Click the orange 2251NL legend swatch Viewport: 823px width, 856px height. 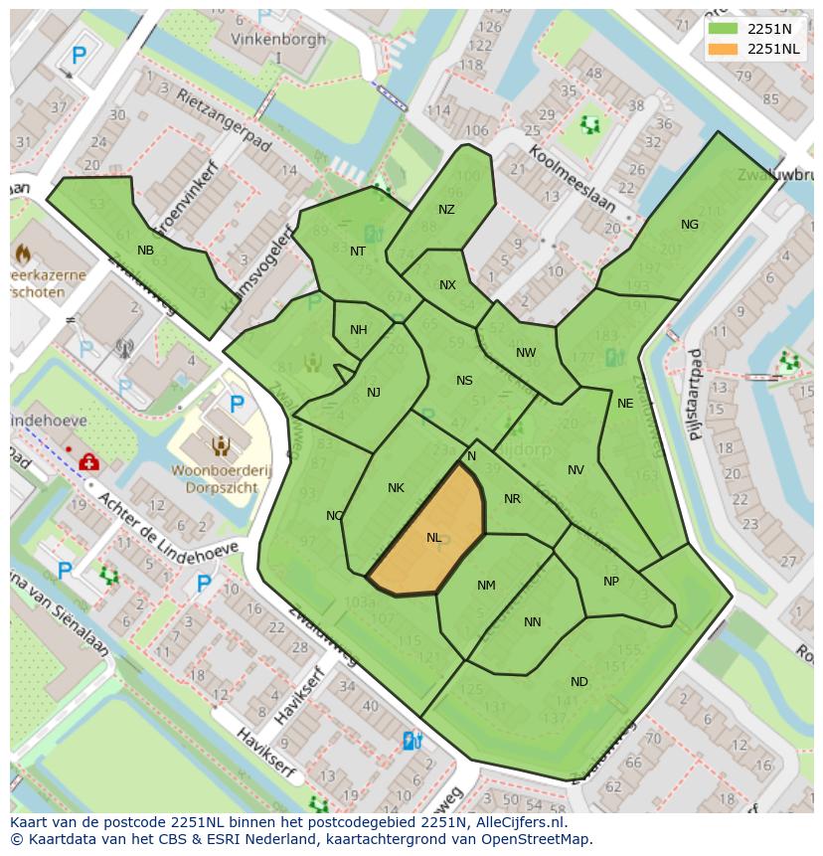[x=723, y=49]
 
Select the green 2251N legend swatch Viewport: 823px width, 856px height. [x=723, y=29]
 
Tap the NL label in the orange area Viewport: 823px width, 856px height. [x=434, y=538]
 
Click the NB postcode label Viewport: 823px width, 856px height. [x=146, y=251]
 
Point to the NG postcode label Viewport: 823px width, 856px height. [x=690, y=225]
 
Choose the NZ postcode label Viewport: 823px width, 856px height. [x=446, y=210]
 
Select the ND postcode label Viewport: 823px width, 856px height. [x=579, y=682]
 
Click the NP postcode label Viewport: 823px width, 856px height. [x=611, y=582]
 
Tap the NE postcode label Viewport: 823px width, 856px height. [x=625, y=404]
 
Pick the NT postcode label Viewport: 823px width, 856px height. [x=358, y=252]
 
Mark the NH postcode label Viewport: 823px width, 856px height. [x=359, y=330]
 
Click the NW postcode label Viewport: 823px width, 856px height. [x=526, y=353]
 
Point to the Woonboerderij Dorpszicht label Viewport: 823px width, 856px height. [x=221, y=479]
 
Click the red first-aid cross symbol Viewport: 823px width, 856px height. [x=88, y=462]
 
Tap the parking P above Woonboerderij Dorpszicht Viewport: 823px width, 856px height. [x=238, y=405]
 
